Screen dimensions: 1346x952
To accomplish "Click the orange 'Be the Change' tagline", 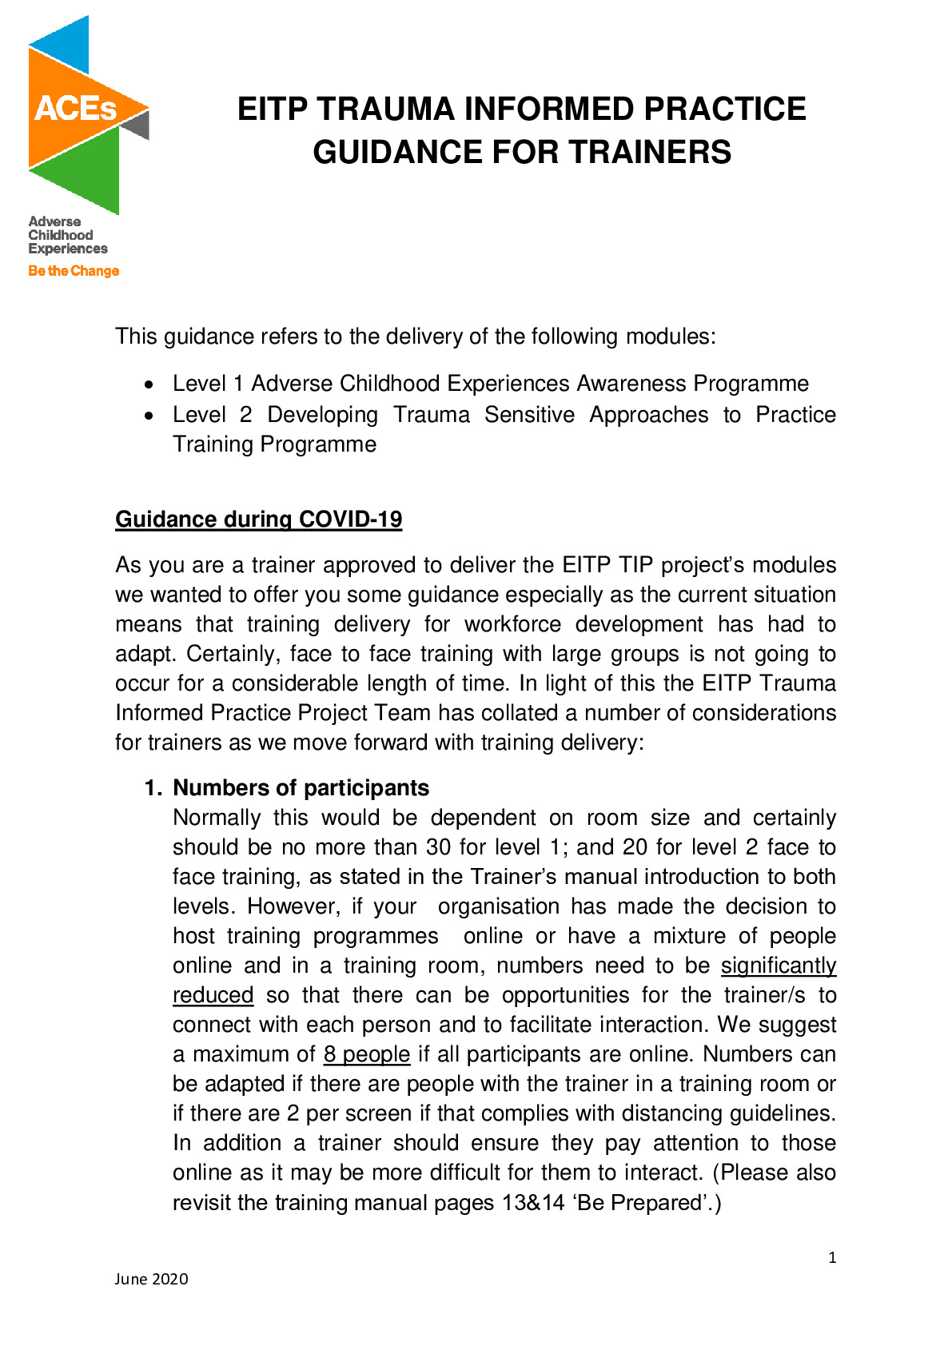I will click(x=74, y=271).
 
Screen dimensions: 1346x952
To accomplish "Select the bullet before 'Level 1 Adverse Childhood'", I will click(x=149, y=385).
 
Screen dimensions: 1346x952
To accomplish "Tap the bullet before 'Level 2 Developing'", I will click(x=149, y=416).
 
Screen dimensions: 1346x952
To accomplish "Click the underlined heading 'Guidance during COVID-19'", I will click(x=258, y=520).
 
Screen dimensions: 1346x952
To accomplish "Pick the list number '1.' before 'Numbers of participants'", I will click(x=153, y=788).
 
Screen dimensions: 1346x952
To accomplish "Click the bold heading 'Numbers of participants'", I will click(x=301, y=788).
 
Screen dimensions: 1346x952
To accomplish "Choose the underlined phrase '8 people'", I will click(x=367, y=1054).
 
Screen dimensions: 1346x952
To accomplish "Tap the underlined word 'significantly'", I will click(x=779, y=966).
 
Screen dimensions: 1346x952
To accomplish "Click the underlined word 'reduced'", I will click(x=213, y=995).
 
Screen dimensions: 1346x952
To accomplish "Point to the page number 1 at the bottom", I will click(x=832, y=1258).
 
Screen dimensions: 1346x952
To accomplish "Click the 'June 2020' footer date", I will click(x=151, y=1279).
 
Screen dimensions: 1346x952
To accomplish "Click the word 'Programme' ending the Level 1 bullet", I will click(x=751, y=384).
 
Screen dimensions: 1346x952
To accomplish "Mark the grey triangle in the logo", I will click(x=138, y=125).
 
